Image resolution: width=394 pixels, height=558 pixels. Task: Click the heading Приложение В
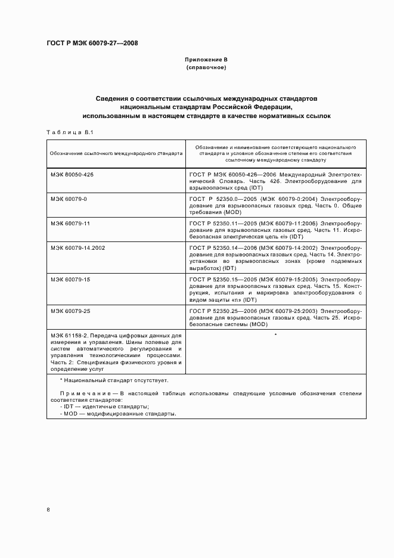pos(206,60)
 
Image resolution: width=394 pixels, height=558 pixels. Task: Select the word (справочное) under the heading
pos(206,68)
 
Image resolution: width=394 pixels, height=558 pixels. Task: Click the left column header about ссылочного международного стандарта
pos(117,153)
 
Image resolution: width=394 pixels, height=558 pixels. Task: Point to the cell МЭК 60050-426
pos(72,173)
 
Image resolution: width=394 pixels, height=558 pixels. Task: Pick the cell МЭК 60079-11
pos(70,223)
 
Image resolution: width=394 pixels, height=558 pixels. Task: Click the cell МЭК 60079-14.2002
pos(77,247)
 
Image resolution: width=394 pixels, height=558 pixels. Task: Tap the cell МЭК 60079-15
pos(70,278)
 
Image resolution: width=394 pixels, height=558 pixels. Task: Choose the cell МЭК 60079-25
pos(70,311)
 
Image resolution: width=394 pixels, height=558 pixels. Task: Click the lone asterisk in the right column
pos(275,336)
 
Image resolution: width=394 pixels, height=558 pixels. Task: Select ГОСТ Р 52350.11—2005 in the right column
pos(220,223)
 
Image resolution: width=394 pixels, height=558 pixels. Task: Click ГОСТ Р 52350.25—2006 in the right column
pos(220,311)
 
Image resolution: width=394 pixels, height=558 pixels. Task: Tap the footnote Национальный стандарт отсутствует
pos(116,380)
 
